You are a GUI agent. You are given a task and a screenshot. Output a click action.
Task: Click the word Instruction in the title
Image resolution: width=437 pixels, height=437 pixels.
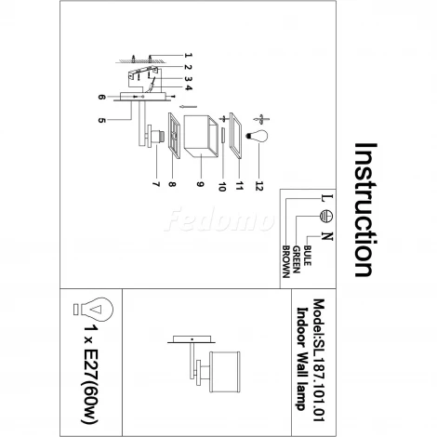(x=365, y=209)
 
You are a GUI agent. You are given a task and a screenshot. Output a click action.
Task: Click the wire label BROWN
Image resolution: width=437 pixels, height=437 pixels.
(x=285, y=262)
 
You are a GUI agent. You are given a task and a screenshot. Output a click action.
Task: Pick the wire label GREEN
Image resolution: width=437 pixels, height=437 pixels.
(x=297, y=259)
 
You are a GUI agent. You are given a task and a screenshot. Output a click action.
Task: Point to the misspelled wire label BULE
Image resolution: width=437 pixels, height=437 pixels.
(x=307, y=256)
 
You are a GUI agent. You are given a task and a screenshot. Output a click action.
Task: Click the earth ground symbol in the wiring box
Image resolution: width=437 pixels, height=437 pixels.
(x=326, y=216)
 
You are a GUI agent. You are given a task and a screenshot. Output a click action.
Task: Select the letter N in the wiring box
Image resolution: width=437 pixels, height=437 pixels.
(x=327, y=236)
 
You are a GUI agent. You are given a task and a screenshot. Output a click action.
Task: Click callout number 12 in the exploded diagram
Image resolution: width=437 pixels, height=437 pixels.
(x=259, y=186)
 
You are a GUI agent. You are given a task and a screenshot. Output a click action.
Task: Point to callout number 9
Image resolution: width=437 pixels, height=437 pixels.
(x=200, y=184)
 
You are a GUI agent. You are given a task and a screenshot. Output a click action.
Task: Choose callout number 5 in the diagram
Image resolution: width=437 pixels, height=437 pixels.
(x=101, y=120)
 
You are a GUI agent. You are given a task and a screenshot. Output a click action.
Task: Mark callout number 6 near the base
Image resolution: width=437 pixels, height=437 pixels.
(x=101, y=97)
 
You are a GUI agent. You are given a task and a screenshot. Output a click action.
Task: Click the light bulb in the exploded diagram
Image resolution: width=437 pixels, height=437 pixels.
(x=258, y=136)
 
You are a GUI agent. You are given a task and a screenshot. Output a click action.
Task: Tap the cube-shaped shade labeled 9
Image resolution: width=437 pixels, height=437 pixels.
(x=201, y=136)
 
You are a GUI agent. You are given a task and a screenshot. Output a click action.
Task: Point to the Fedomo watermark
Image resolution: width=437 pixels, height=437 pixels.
(x=218, y=220)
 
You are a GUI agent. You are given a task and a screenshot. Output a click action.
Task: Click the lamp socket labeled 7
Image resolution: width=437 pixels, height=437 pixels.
(x=156, y=136)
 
